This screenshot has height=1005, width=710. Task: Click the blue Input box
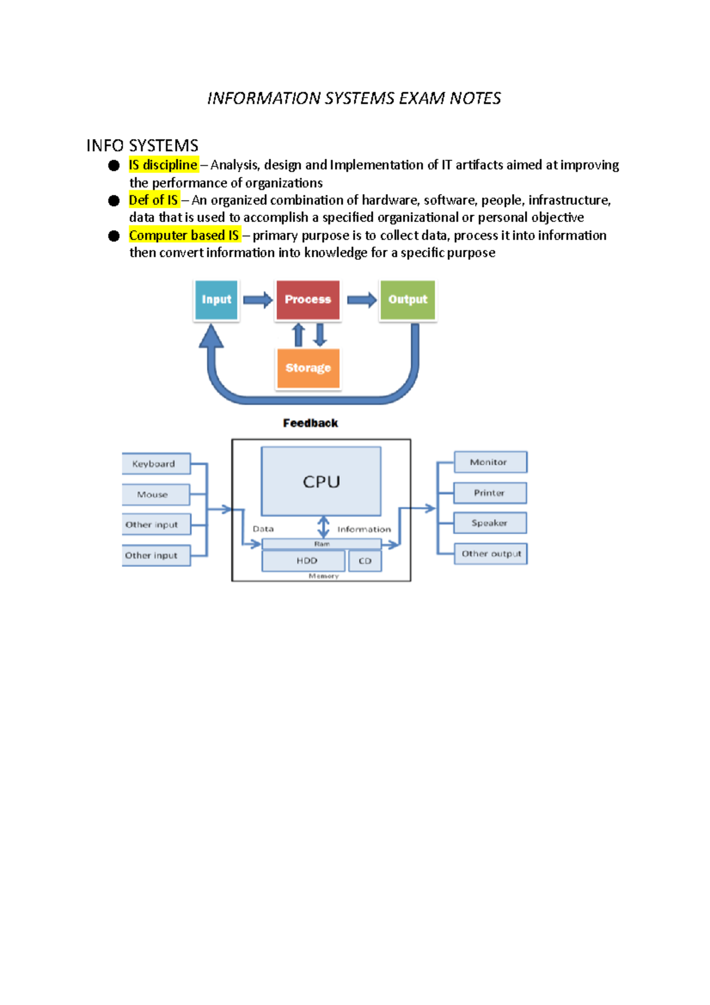coord(216,299)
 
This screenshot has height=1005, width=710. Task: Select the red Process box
coord(308,299)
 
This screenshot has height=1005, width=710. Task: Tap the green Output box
coord(408,299)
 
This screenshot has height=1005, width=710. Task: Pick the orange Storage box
coord(308,368)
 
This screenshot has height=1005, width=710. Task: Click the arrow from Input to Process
coord(257,300)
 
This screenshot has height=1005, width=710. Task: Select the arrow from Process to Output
coord(362,300)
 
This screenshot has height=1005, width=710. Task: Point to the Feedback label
coord(310,423)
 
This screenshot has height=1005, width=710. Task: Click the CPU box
coord(321,481)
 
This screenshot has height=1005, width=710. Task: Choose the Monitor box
coord(490,462)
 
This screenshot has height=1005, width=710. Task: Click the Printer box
coord(490,493)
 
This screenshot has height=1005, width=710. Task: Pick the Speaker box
coord(490,523)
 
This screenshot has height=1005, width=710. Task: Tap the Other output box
coord(490,554)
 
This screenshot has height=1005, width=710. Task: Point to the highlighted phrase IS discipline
coord(163,165)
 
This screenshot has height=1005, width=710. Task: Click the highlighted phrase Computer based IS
coord(184,236)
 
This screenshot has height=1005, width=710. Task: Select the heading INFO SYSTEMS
coord(142,146)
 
